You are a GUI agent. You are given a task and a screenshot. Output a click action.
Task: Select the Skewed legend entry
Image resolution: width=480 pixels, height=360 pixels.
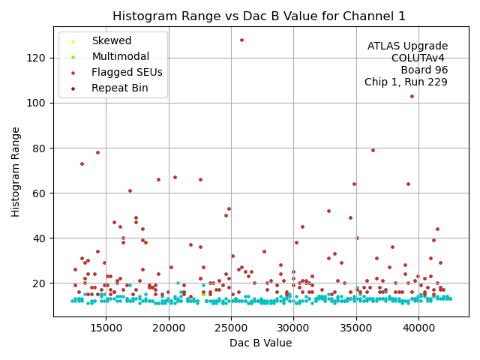click(111, 40)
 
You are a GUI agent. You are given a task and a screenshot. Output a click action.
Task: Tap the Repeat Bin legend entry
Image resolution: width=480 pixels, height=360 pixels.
click(119, 88)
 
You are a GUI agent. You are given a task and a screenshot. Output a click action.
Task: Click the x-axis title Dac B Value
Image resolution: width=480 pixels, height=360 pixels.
click(260, 343)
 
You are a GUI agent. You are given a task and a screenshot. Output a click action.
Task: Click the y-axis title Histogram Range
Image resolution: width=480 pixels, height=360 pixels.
click(16, 172)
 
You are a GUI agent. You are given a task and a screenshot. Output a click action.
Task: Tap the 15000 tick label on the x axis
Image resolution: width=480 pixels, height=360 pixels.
click(106, 328)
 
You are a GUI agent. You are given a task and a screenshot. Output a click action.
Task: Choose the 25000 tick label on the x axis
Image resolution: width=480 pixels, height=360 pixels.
click(231, 328)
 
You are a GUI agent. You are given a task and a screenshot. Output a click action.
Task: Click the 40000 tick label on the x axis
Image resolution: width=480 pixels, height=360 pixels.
click(418, 328)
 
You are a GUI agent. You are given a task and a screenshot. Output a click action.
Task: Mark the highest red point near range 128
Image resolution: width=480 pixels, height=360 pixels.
click(241, 40)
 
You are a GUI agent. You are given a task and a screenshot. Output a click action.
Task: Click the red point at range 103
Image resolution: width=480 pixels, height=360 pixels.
click(412, 96)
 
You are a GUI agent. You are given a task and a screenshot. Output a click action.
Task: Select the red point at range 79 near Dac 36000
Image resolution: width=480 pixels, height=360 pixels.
click(373, 150)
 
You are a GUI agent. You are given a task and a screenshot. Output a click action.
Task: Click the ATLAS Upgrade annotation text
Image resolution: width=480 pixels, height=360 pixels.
click(407, 46)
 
